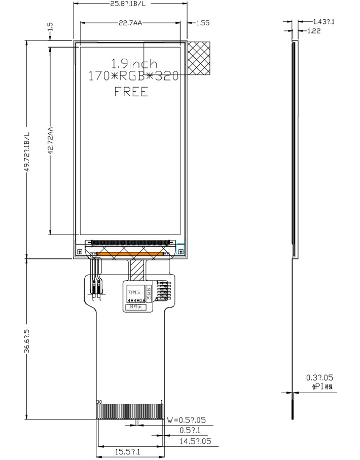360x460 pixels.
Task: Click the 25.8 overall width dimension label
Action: tap(130, 4)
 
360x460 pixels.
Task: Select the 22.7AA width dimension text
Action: tap(130, 23)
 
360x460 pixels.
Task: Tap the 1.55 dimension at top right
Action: tap(202, 23)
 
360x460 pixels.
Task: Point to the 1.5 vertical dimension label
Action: tap(50, 27)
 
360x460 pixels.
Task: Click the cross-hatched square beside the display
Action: tap(199, 58)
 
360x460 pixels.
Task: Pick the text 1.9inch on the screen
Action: tap(134, 64)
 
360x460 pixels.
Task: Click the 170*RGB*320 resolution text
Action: tap(133, 77)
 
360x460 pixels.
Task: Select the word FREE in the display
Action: tap(131, 92)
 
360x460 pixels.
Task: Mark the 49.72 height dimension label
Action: tap(27, 152)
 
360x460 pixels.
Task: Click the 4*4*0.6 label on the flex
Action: tap(136, 300)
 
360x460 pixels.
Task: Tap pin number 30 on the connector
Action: tap(99, 402)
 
